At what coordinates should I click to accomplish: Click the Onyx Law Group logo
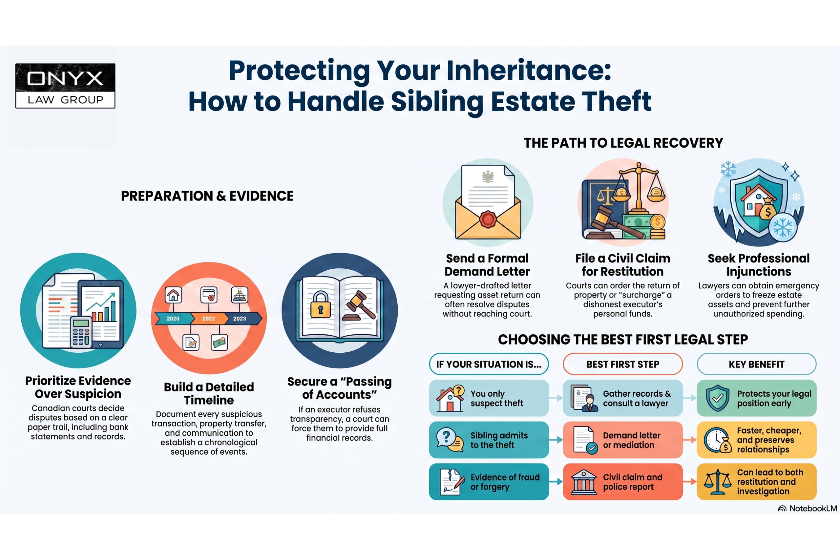[65, 86]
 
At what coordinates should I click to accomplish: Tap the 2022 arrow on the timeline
[209, 318]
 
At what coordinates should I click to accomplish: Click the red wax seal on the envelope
[488, 219]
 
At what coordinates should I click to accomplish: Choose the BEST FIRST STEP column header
[623, 364]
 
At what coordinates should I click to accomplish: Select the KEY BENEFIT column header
[756, 364]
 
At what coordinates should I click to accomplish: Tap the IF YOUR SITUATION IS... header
[489, 364]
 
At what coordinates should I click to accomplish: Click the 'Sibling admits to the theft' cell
[489, 440]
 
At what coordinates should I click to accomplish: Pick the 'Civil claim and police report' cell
[623, 481]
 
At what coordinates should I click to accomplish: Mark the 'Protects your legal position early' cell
[756, 398]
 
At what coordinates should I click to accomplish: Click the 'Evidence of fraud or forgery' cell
[489, 481]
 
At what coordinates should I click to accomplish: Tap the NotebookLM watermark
[808, 508]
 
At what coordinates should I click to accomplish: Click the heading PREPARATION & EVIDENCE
[207, 196]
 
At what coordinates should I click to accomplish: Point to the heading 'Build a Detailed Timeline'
[209, 394]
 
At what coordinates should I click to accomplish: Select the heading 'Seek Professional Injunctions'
[759, 265]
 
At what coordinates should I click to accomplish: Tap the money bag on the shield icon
[767, 211]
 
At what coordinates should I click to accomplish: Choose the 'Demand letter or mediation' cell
[623, 440]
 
